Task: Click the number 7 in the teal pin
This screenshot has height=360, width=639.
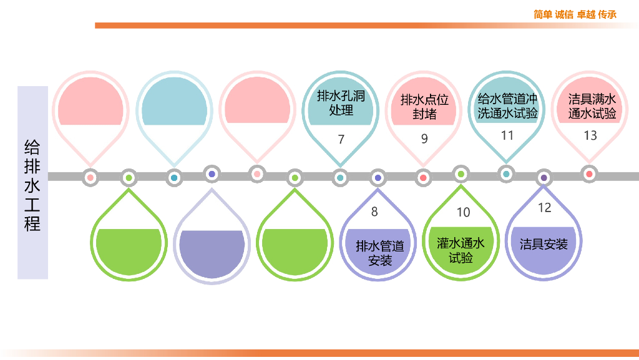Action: coord(341,140)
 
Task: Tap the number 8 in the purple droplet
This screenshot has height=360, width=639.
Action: coord(374,212)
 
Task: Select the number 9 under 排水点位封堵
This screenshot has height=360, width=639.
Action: coord(424,139)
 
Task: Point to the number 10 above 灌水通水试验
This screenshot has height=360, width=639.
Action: coord(463,212)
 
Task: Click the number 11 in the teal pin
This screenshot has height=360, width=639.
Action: coord(507,135)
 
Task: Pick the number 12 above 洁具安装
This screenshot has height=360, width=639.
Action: coord(545,208)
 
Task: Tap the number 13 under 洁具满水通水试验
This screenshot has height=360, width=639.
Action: coord(590,135)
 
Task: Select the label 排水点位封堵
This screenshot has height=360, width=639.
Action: coord(424,107)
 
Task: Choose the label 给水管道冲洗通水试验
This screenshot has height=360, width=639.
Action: coord(507,106)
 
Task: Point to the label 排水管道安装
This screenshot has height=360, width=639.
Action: coord(380,253)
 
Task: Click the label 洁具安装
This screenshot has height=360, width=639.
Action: coord(544,244)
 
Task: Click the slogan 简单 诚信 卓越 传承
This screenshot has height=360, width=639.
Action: coord(575,14)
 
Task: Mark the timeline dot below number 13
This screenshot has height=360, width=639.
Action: coord(589,174)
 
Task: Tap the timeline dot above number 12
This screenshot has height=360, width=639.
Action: coord(544,178)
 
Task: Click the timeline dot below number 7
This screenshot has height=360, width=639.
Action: coord(340,178)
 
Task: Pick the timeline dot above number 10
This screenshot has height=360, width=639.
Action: coord(461,174)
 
